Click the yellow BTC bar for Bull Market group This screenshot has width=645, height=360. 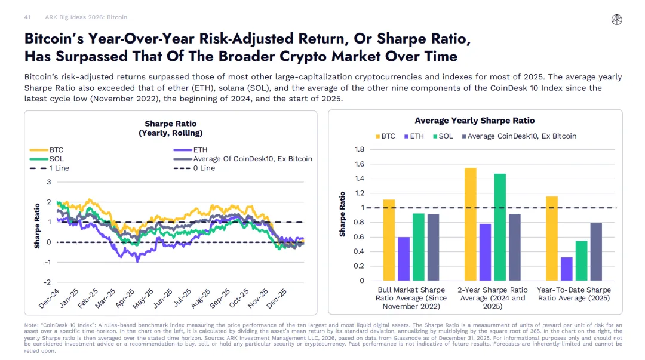click(389, 240)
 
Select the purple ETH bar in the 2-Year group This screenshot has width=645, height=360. click(485, 252)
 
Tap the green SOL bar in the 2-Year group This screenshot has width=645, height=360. click(500, 227)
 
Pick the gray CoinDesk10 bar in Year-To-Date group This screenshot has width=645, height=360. click(595, 251)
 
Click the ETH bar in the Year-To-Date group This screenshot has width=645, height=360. click(566, 269)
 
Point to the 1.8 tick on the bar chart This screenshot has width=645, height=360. click(360, 150)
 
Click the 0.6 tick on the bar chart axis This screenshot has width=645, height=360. click(360, 237)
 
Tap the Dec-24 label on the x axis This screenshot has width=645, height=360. click(50, 299)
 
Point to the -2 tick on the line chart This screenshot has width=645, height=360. click(48, 282)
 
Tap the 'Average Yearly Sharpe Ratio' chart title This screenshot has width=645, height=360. click(475, 121)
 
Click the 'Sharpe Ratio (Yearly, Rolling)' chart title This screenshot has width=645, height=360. click(170, 128)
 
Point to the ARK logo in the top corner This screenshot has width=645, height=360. click(617, 19)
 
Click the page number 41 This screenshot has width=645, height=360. click(27, 17)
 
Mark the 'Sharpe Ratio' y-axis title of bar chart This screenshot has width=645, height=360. click(343, 214)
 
